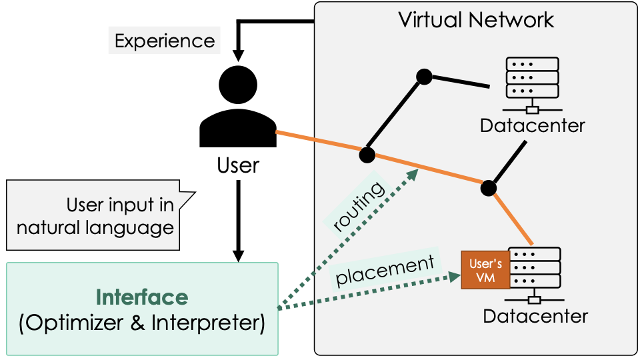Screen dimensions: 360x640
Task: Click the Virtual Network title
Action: [x=476, y=19]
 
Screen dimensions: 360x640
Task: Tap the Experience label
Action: [x=165, y=41]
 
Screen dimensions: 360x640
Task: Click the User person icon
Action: [x=238, y=109]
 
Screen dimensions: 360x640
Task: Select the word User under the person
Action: [x=238, y=165]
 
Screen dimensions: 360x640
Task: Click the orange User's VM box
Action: [x=485, y=270]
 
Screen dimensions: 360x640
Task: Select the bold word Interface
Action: [x=142, y=297]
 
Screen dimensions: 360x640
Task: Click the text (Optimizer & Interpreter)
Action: [x=142, y=323]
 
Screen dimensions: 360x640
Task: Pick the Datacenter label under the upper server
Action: [x=533, y=125]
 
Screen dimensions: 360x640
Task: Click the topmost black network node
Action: [x=424, y=77]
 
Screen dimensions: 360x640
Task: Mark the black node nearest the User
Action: [x=365, y=155]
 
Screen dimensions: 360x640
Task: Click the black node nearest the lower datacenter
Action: [x=488, y=187]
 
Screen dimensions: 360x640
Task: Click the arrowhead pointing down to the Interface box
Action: [x=238, y=255]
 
